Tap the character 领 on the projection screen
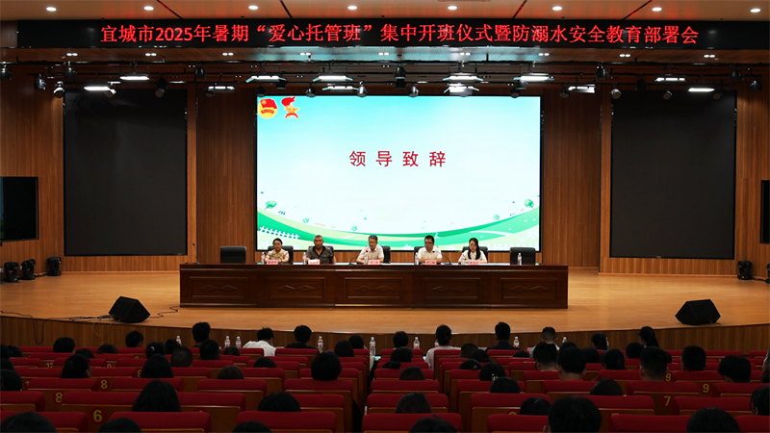coord(358,159)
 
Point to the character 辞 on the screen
coord(437,159)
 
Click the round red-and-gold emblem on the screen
coord(268,108)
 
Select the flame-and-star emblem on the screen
coord(291,107)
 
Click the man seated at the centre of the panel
coord(372,250)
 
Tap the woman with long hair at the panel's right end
coord(473,251)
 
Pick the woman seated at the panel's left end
coord(277,251)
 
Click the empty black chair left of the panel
coord(233,255)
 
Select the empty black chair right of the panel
coord(523,256)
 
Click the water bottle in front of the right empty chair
coord(519,259)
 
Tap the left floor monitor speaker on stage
coord(129,310)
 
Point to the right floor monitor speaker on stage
coord(697,312)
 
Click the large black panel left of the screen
coord(125,172)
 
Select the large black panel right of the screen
coord(673,175)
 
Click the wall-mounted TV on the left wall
coord(19,209)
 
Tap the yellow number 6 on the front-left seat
coord(97,417)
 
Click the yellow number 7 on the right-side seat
coord(667,401)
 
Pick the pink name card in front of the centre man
coord(373,262)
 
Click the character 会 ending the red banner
coord(689,35)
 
